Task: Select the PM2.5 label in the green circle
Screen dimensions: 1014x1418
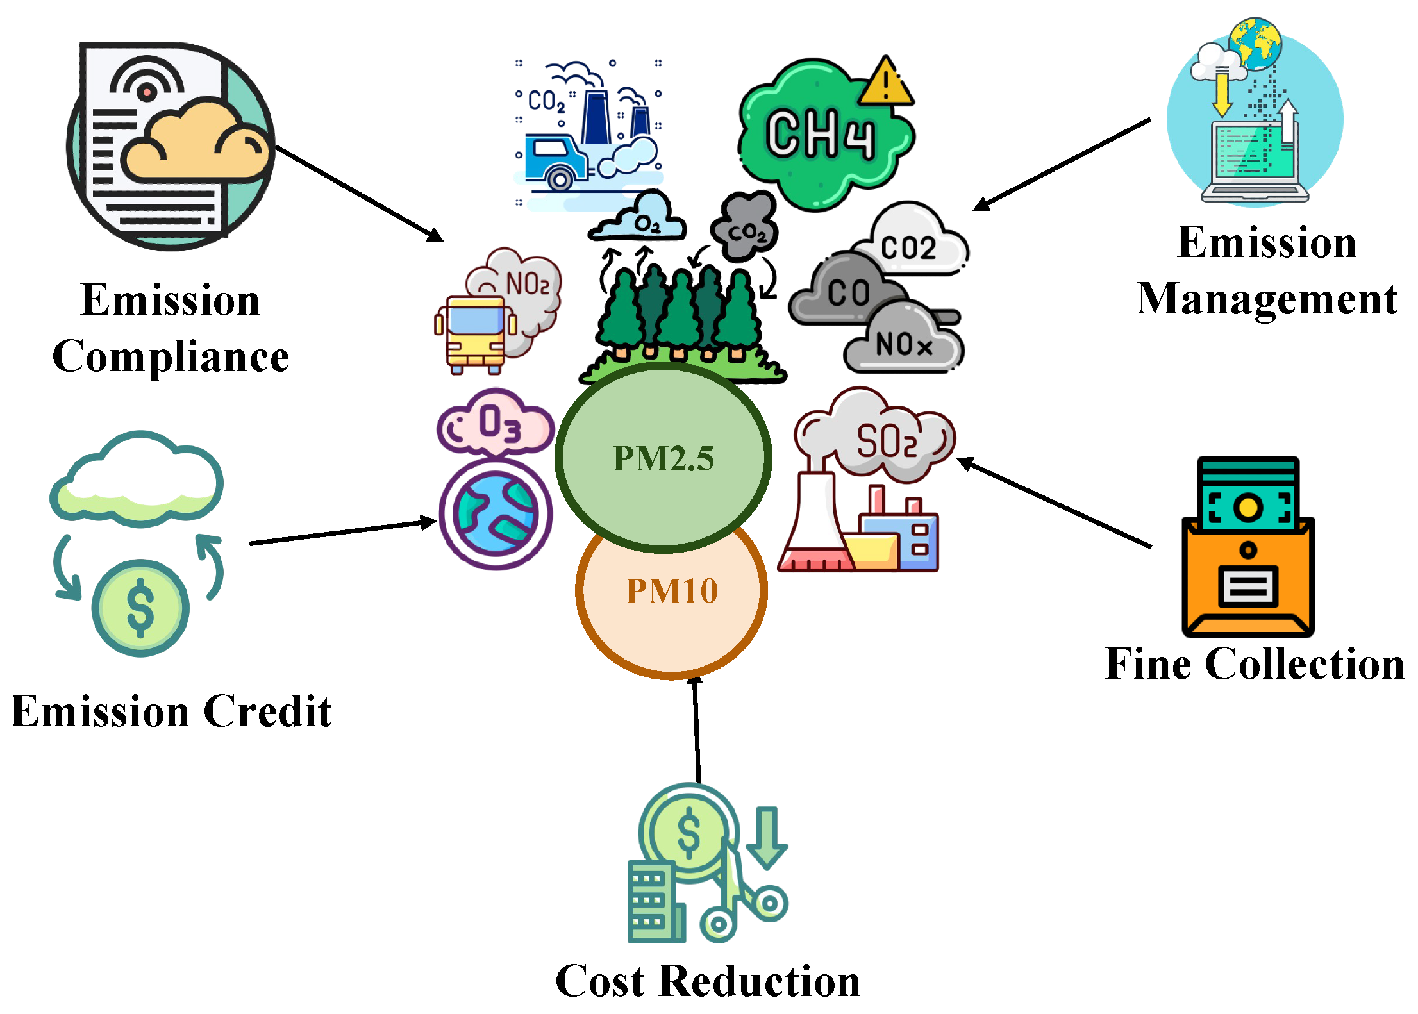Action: [663, 458]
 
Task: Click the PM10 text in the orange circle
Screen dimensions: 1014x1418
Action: [671, 590]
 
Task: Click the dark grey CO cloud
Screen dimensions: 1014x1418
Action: [846, 292]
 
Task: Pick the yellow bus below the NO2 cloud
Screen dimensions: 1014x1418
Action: [476, 333]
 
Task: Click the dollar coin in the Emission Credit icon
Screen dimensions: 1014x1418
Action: [140, 608]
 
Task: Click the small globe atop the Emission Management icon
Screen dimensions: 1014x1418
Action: [1255, 44]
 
